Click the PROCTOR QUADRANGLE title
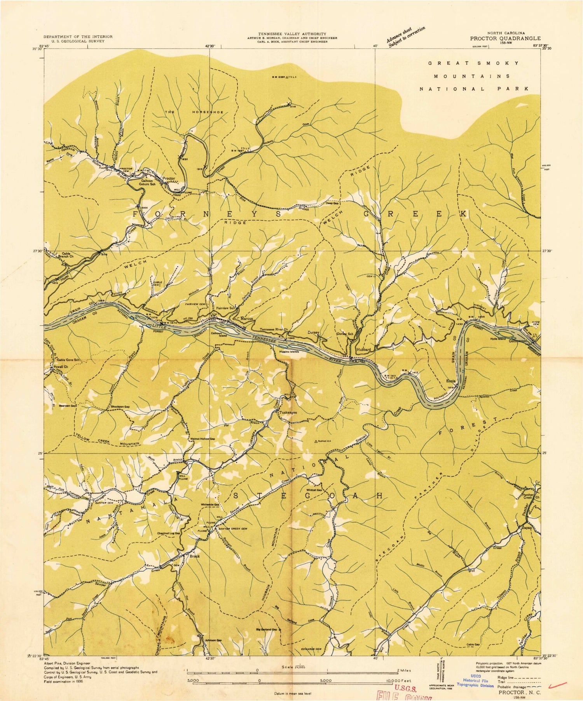(x=505, y=38)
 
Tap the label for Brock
(x=194, y=556)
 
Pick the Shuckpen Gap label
(x=120, y=407)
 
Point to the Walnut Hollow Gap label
(x=202, y=439)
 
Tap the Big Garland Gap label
(x=267, y=630)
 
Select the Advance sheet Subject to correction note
(x=406, y=37)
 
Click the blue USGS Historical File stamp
(x=478, y=680)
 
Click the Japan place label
(x=527, y=528)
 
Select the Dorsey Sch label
(x=345, y=334)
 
